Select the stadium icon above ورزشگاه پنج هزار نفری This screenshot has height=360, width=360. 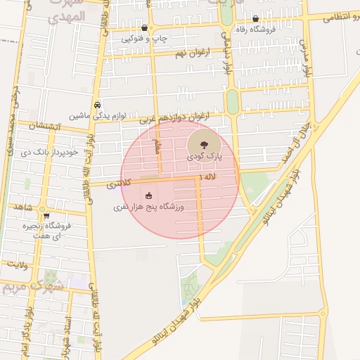click(x=148, y=196)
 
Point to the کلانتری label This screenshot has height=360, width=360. click(x=118, y=185)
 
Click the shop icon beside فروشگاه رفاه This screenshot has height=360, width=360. click(x=255, y=20)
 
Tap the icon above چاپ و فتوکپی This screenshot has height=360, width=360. click(x=144, y=28)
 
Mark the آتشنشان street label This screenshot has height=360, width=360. click(x=46, y=126)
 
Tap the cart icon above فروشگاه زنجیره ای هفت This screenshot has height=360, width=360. click(x=46, y=216)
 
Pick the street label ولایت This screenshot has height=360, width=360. click(x=18, y=264)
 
